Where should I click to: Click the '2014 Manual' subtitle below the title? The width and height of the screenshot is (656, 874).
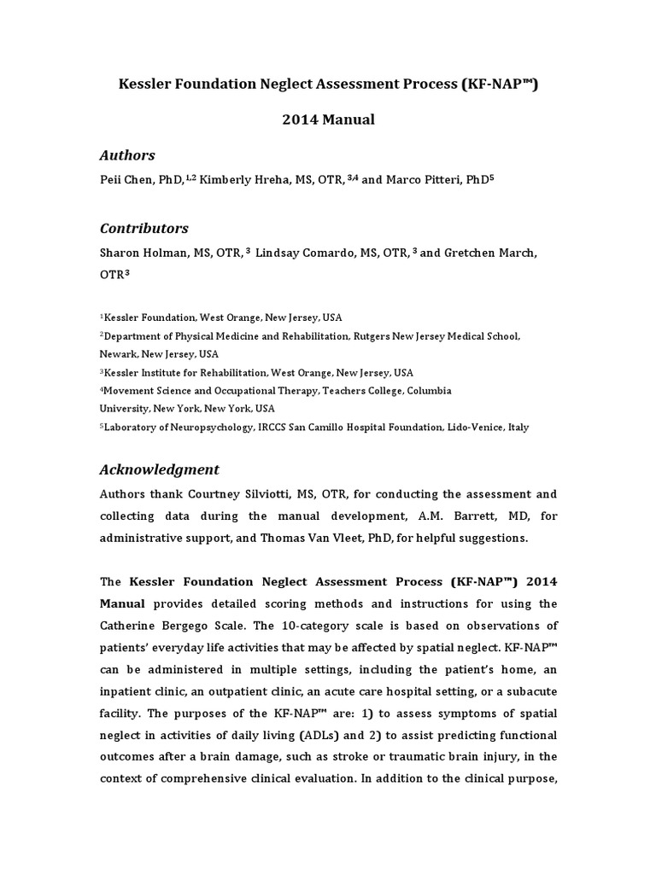(x=328, y=119)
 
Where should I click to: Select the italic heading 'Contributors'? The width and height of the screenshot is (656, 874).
(x=143, y=229)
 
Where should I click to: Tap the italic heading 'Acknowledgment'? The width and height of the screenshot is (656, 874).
(x=160, y=469)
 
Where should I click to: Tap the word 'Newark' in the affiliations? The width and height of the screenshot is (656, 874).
(x=119, y=353)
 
